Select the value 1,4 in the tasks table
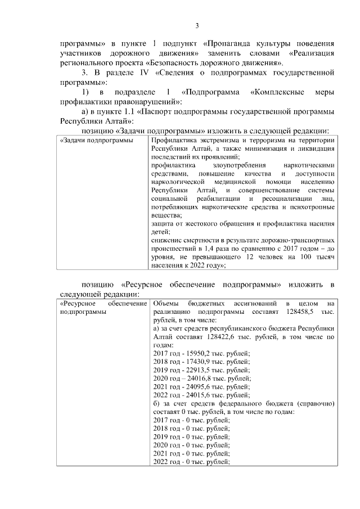coord(221,248)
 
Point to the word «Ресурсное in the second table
coord(79,303)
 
